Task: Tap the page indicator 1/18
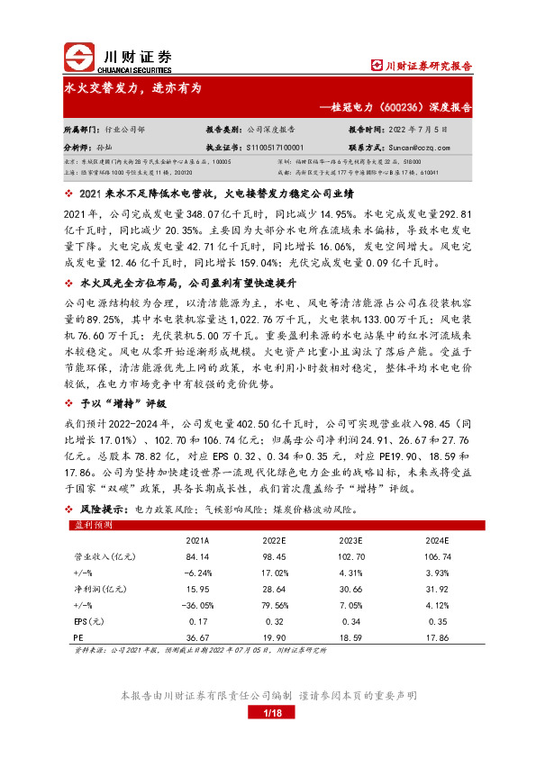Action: click(268, 712)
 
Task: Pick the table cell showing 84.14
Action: click(197, 558)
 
